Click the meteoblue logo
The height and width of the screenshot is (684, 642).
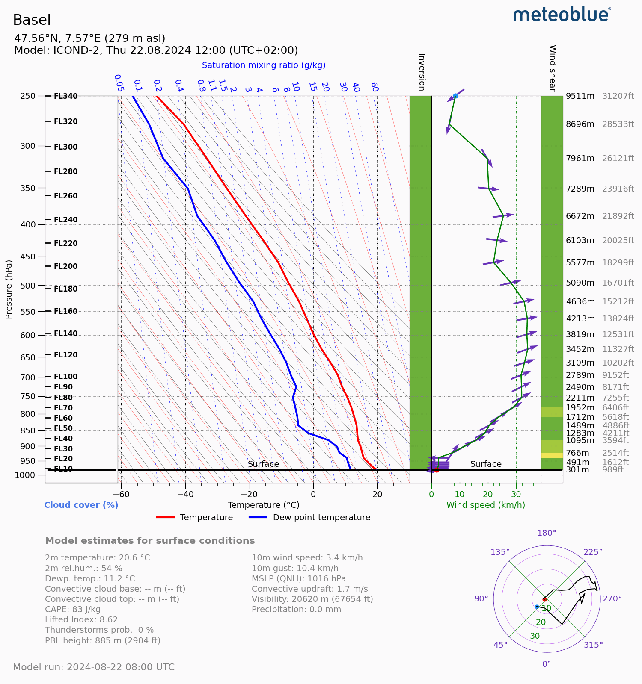tap(562, 15)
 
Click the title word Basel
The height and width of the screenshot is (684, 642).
tap(32, 20)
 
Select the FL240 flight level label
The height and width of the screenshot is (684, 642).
tap(65, 220)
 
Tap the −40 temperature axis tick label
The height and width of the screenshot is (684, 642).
tap(185, 495)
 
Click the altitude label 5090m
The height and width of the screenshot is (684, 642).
tap(580, 283)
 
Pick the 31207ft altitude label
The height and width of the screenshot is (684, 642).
tap(618, 96)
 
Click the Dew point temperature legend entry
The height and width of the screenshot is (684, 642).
tap(321, 517)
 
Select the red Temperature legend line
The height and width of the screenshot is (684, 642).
tap(166, 517)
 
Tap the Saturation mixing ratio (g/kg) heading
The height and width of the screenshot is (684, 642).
tap(264, 65)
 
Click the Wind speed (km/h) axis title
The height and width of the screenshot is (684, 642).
tap(485, 505)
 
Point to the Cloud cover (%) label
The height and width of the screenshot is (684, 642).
tap(81, 505)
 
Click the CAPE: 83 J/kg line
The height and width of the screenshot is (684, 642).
tap(73, 609)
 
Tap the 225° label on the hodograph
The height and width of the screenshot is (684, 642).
tap(593, 552)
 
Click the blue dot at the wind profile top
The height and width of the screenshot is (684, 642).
tap(455, 96)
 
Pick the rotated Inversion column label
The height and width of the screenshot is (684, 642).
tap(421, 72)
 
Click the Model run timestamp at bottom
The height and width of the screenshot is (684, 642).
tap(94, 667)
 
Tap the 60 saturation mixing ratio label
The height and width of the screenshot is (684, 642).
tap(374, 87)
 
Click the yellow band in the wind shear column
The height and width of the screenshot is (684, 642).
tap(552, 455)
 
